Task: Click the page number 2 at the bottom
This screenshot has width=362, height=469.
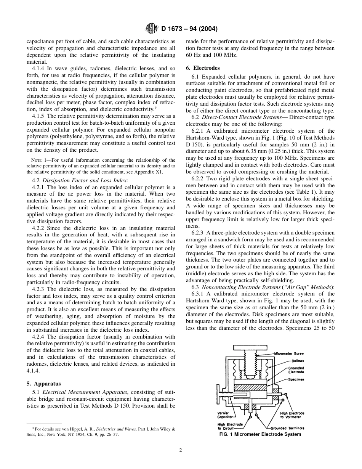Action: (181, 450)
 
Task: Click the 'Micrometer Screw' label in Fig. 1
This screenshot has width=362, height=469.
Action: (288, 353)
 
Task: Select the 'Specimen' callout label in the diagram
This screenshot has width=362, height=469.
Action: (296, 380)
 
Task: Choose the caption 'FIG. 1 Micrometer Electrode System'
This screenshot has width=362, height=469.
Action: (260, 434)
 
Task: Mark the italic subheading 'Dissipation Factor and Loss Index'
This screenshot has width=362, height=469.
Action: (85, 180)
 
